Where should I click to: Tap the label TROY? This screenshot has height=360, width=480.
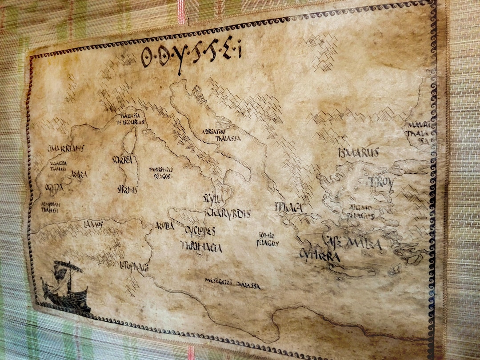click(x=381, y=182)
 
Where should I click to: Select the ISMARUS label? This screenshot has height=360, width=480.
click(x=358, y=153)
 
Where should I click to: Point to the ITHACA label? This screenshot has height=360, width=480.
click(x=288, y=207)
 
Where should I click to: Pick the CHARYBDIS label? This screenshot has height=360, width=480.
click(x=228, y=213)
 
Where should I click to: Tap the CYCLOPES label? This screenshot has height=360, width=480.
click(x=200, y=231)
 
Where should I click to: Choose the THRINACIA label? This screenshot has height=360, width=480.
click(x=201, y=247)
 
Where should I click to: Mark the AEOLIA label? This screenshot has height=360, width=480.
click(x=164, y=226)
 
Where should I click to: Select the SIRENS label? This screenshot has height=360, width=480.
click(x=127, y=189)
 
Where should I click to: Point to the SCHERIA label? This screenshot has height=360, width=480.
click(x=122, y=160)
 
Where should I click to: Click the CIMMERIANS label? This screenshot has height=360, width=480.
click(x=65, y=148)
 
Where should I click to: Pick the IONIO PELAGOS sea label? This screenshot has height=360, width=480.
click(x=268, y=240)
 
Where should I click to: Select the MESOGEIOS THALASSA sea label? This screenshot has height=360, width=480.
click(x=232, y=283)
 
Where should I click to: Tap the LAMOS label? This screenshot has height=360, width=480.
click(x=93, y=224)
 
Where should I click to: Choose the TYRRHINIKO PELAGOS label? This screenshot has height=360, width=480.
click(x=160, y=172)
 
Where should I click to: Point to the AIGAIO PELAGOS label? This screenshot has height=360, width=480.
click(x=360, y=211)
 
